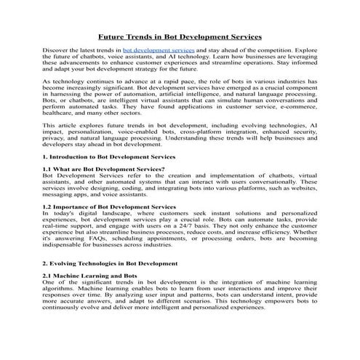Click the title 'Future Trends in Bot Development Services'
[180, 35]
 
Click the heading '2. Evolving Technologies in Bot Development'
[110, 263]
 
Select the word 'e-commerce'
[300, 108]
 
